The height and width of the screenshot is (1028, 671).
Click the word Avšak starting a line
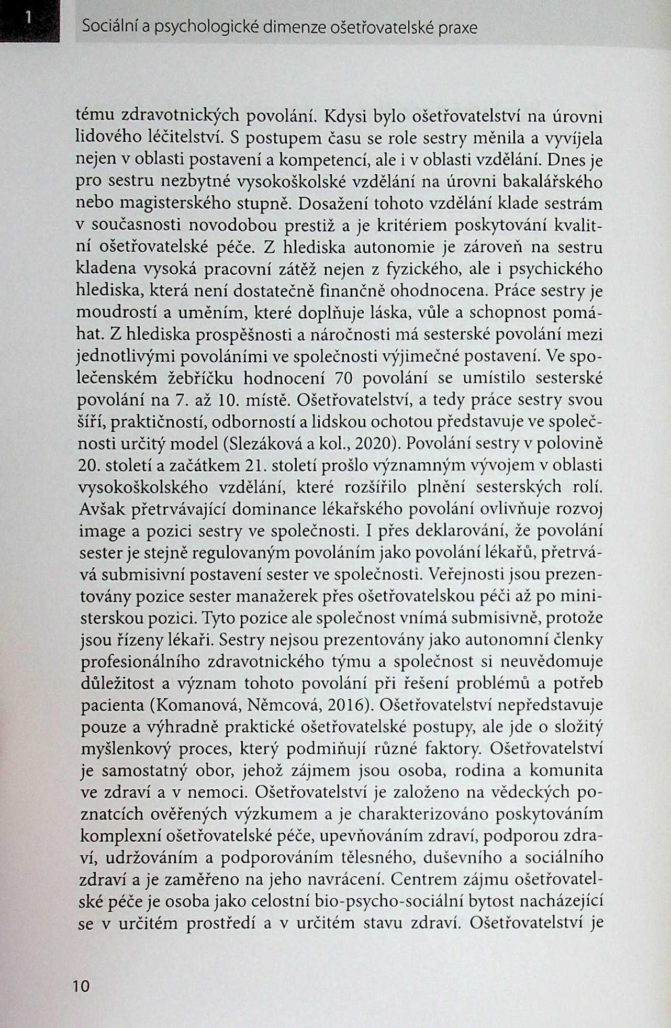101,509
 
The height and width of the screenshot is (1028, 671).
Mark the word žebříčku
197,378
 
